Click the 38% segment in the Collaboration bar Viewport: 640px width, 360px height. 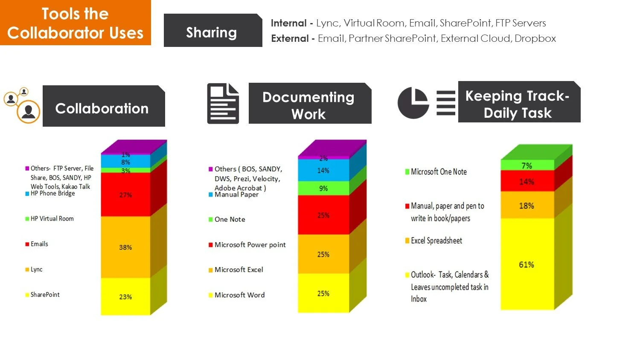(125, 247)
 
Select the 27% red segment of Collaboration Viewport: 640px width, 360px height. (125, 195)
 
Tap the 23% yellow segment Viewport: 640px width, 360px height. (125, 297)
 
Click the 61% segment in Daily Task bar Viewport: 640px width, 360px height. (527, 264)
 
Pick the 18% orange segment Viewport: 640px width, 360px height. (527, 206)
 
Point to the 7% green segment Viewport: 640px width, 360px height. (527, 165)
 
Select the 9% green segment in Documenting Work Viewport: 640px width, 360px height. (323, 188)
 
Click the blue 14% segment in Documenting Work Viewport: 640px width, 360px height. (323, 171)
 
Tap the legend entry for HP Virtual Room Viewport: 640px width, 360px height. (52, 219)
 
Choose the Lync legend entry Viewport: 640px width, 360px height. (36, 270)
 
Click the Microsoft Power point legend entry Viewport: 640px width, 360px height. (250, 245)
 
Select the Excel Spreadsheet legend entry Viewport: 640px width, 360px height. (436, 241)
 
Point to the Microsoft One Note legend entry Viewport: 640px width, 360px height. (438, 172)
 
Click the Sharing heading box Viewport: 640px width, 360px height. (212, 32)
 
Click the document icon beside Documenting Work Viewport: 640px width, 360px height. (223, 104)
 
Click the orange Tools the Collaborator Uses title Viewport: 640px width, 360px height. (75, 23)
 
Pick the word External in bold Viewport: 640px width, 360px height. (290, 38)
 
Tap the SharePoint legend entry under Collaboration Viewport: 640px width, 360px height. (45, 295)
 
